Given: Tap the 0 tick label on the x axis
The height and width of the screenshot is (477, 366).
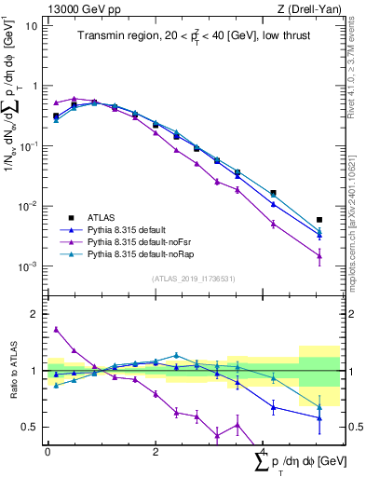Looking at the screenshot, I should point(47,452).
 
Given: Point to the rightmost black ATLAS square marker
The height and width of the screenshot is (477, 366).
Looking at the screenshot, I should point(319,220).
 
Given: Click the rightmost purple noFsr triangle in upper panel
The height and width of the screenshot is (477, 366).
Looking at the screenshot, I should point(319,255).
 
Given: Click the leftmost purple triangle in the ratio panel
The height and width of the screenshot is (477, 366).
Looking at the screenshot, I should point(56,329).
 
